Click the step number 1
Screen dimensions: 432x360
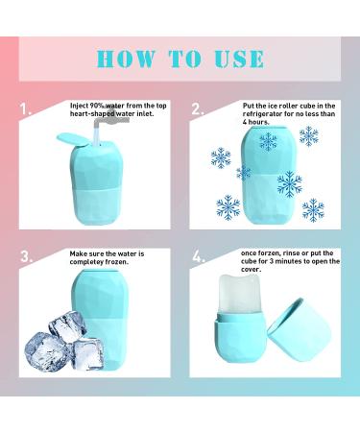point(27,109)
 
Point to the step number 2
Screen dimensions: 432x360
point(198,109)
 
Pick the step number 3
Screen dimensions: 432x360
point(27,257)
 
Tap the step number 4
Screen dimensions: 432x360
point(198,257)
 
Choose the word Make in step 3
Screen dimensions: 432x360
point(80,252)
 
